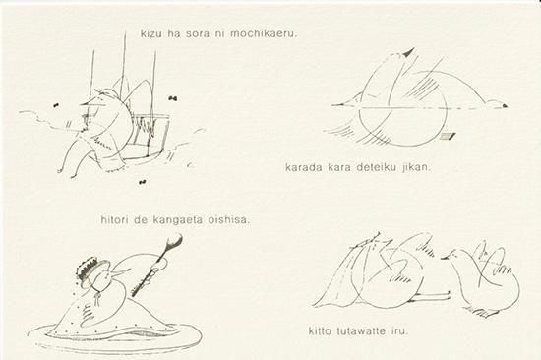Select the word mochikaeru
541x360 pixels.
point(264,34)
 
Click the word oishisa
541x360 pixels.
point(228,220)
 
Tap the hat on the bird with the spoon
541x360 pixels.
point(91,270)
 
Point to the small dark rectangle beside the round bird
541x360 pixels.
point(449,136)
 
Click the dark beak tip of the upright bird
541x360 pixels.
point(409,53)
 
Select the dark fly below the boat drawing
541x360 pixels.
point(142,182)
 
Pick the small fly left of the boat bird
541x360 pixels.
point(56,105)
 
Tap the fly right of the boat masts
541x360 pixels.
point(173,98)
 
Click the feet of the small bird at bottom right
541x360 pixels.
point(486,313)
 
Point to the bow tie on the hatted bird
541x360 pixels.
point(99,297)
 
